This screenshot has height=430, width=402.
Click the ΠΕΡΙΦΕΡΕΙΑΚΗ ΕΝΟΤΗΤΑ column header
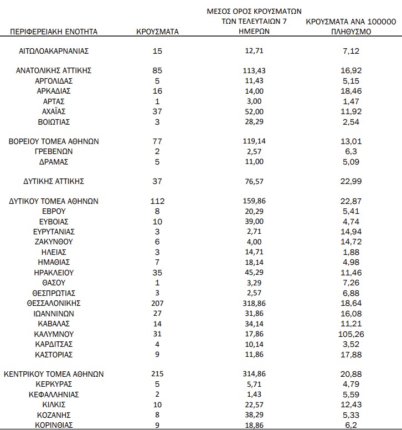point(54,32)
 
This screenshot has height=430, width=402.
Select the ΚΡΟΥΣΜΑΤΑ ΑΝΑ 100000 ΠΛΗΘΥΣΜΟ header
point(351,27)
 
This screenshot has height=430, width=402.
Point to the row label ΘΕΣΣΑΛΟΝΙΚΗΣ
point(54,303)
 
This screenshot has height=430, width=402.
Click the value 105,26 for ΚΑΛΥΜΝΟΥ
point(351,334)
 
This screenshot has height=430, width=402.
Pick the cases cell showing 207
point(157,303)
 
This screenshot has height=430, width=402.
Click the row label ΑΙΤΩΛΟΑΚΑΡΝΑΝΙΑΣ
point(54,51)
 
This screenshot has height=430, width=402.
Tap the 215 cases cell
point(157,374)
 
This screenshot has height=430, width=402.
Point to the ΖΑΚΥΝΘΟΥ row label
point(54,242)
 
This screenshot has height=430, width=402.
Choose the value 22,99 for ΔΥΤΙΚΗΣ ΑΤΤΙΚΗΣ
point(351,181)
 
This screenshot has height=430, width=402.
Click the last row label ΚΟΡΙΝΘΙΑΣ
point(54,425)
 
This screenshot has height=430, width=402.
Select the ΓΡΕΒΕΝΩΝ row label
point(54,151)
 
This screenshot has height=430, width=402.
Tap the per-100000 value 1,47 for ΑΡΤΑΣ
point(351,101)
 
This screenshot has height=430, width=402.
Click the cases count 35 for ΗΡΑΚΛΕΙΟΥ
point(157,273)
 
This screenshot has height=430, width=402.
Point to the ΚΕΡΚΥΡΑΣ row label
point(54,384)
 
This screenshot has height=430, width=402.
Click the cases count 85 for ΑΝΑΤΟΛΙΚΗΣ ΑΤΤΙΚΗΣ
point(157,70)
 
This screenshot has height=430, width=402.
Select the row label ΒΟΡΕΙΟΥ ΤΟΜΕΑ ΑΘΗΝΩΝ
point(54,141)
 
